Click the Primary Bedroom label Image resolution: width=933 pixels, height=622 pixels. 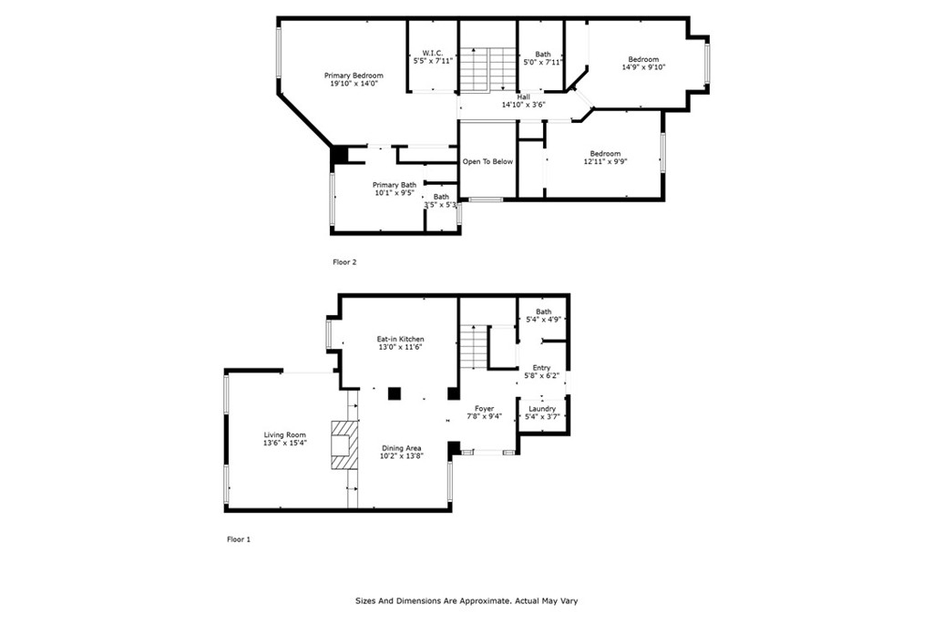coord(354,76)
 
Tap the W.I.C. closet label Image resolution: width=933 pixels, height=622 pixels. coord(433,53)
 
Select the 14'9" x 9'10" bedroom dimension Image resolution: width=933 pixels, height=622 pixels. coord(644,67)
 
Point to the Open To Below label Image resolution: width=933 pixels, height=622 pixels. coord(487,162)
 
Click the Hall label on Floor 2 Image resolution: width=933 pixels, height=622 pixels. coord(524,97)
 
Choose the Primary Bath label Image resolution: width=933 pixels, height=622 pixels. coord(395,185)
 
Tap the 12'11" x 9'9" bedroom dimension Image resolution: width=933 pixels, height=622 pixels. coord(606,161)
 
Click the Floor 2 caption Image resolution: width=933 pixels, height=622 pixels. coord(344,261)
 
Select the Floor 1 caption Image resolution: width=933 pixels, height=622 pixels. coord(239,539)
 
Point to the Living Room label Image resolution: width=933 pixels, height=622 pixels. coord(285,434)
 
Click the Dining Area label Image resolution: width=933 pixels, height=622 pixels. coord(402,448)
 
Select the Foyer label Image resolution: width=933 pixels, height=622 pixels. coord(485,409)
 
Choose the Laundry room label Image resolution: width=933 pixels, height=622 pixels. coord(542,409)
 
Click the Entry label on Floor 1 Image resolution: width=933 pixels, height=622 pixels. coord(541,368)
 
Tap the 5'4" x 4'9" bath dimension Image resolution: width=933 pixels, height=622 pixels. coord(543,320)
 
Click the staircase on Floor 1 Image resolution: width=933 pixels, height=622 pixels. coord(474,347)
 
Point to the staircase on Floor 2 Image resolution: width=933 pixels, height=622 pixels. coord(487,69)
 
